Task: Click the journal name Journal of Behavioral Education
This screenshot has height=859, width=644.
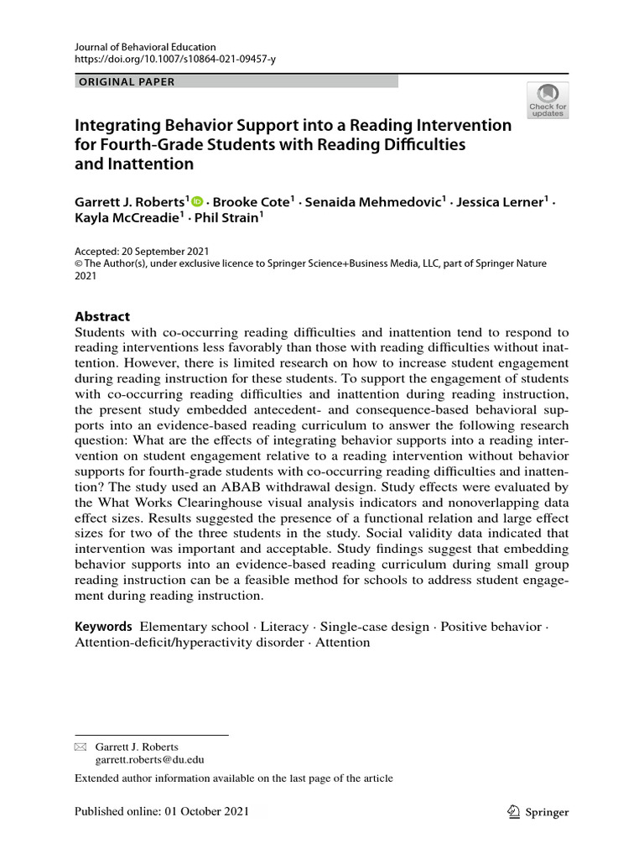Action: (x=145, y=47)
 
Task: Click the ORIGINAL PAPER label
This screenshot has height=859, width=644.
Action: (x=127, y=81)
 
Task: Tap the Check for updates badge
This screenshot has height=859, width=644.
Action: (x=548, y=100)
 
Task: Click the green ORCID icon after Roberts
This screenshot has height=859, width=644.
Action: (x=198, y=201)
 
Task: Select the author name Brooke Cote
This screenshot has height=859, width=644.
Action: (x=252, y=202)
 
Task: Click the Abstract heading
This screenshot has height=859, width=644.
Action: (x=102, y=316)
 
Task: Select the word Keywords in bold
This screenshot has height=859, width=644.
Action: (x=103, y=627)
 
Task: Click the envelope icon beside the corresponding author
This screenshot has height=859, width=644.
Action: (x=80, y=747)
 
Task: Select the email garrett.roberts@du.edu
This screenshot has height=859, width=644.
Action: (x=149, y=760)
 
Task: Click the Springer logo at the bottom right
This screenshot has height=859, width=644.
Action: (x=538, y=811)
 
